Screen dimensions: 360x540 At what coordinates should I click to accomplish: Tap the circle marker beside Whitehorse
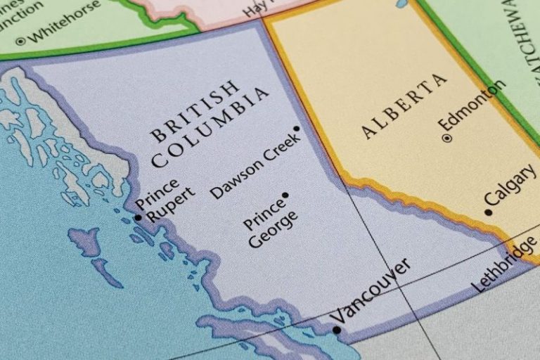coord(20,41)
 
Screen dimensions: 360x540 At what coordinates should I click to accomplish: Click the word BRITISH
coord(195,110)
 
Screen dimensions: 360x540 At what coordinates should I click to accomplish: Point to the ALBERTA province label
coord(404,105)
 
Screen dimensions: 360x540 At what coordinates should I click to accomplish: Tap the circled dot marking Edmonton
coord(446,138)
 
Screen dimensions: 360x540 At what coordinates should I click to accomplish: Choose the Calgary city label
coord(510,189)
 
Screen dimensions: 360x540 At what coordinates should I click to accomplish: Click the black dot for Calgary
coord(488,212)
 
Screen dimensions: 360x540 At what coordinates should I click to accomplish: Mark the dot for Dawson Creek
coord(297,129)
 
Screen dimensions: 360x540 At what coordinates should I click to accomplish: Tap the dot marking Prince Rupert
coord(138,218)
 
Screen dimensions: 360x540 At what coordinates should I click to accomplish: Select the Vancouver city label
coord(371,290)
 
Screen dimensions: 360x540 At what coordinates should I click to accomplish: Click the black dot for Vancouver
coord(336,330)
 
